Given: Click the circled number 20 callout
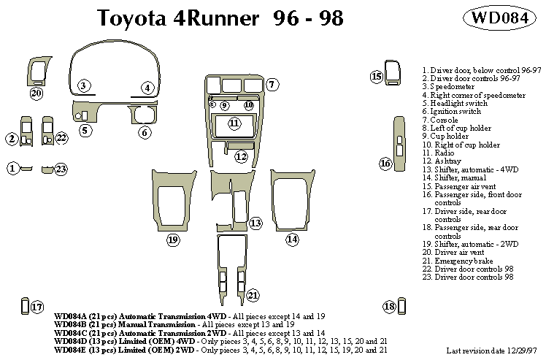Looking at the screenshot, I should pos(36,93).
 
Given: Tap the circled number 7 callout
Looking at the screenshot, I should pos(272,85).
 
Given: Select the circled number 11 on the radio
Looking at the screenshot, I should pos(234,123).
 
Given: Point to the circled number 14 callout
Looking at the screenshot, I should pos(292,238).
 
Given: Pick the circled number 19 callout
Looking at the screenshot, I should pos(173,239).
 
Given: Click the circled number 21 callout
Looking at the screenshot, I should pos(253,295).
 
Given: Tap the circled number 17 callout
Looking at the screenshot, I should pos(37,307).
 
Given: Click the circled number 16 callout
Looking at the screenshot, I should pos(385,164).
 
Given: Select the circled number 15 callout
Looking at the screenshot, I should pos(377,77).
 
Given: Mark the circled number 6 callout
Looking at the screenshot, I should pos(145,132).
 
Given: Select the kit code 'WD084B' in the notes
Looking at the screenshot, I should pos(70,323).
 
